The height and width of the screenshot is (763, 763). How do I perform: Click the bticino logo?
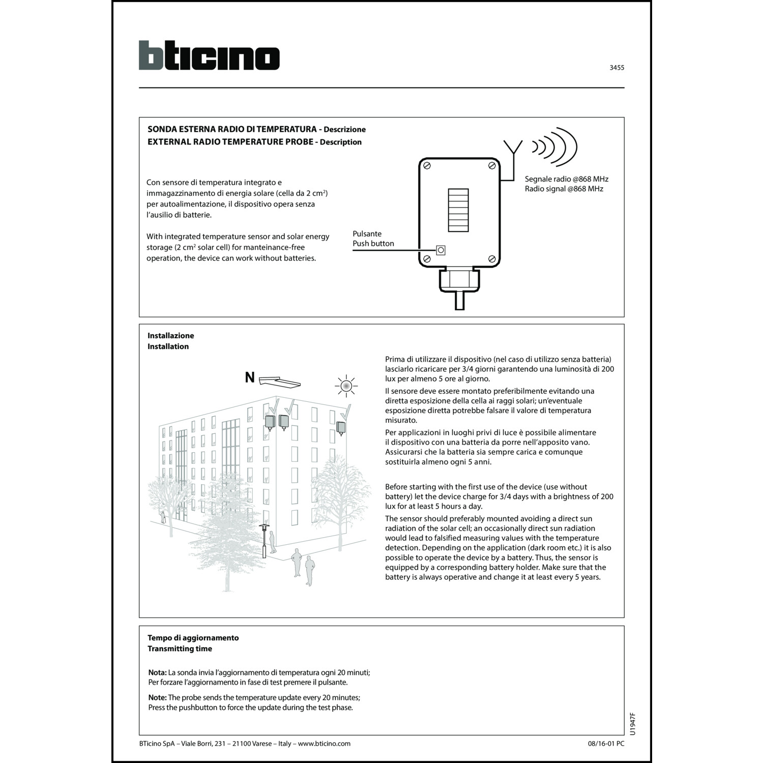[x=209, y=55]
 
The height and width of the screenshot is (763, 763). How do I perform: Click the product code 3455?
[x=617, y=68]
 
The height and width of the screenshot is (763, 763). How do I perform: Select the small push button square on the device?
[x=441, y=250]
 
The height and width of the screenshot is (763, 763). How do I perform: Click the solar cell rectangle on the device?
[x=458, y=210]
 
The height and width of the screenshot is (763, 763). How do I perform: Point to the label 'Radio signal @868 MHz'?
[x=564, y=189]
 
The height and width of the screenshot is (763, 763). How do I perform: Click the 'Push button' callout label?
[x=373, y=244]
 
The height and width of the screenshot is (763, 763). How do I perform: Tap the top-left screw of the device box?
[x=428, y=166]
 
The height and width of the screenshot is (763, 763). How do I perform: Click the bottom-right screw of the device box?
[x=492, y=259]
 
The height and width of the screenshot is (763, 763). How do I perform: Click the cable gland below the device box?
[x=459, y=282]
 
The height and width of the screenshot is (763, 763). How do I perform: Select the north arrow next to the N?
[x=279, y=380]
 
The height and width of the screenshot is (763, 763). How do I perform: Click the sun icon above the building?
[x=346, y=387]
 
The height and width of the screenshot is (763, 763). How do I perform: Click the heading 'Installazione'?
[x=171, y=336]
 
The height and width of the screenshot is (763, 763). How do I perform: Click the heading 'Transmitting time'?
[x=180, y=649]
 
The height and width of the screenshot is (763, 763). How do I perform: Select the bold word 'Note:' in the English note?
[x=157, y=697]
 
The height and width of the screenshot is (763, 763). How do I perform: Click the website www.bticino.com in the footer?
[x=324, y=744]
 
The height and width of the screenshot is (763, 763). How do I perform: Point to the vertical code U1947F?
[x=632, y=724]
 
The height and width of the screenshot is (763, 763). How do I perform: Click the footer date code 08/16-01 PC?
[x=605, y=744]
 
